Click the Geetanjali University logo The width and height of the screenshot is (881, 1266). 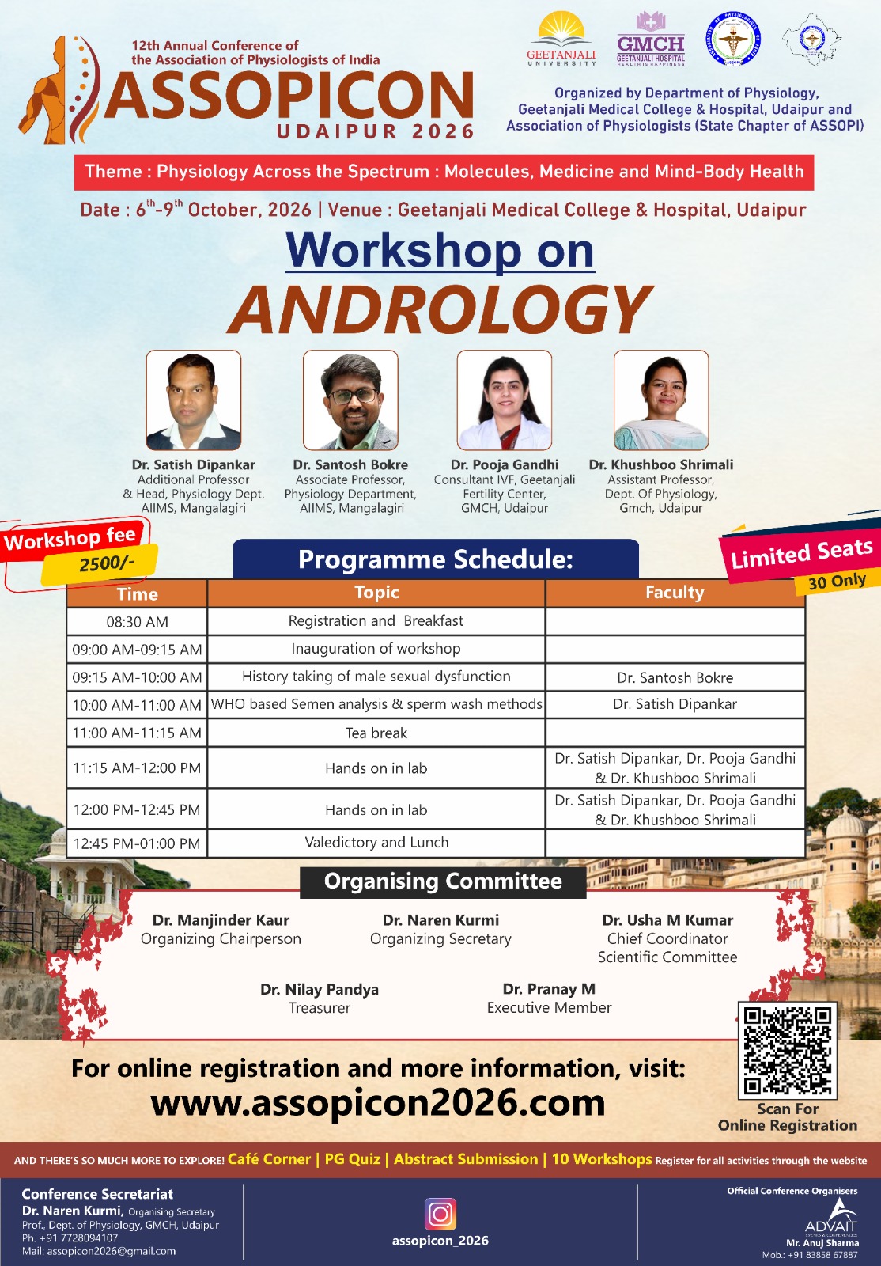561,39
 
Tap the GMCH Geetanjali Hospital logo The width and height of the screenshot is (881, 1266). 651,39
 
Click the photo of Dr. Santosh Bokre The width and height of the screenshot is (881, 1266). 350,400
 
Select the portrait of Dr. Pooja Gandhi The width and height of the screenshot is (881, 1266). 505,400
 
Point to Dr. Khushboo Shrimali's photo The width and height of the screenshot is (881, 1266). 661,400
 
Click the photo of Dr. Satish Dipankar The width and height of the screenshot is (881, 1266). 194,400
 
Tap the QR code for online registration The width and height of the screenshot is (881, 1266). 788,1050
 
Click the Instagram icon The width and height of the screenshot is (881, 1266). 440,1214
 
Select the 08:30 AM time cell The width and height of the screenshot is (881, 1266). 138,622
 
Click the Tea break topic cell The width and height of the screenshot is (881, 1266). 376,733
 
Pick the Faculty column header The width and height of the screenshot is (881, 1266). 675,593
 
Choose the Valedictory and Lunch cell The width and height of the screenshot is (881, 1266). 376,842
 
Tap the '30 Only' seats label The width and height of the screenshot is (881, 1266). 838,582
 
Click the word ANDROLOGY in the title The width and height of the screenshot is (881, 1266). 441,309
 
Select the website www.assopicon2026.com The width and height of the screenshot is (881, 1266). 378,1103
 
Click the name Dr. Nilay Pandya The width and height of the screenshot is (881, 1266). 320,989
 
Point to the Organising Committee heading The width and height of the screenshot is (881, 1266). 443,881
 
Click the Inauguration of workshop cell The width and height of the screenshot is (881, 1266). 376,649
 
